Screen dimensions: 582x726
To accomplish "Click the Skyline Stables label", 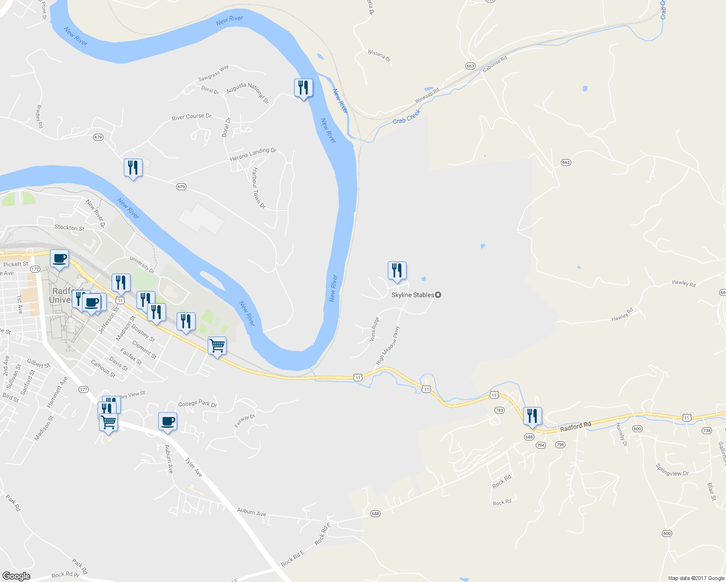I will click(413, 295).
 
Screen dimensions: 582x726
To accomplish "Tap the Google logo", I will click(16, 576).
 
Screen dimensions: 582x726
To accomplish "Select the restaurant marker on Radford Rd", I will click(532, 417).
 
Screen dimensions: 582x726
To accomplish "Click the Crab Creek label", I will click(407, 117).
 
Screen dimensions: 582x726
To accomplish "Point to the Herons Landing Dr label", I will click(253, 154).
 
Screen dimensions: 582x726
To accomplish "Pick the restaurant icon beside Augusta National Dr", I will click(303, 88).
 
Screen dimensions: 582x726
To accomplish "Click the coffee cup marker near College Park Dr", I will click(167, 422).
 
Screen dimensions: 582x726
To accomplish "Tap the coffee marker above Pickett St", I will click(59, 259).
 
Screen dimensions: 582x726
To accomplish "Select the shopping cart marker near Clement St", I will click(217, 346).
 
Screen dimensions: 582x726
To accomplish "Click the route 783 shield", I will click(499, 410).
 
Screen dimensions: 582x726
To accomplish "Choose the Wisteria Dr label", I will click(379, 55).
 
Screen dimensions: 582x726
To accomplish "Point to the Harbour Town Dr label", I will click(259, 188).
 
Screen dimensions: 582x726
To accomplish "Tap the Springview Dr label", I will click(672, 470).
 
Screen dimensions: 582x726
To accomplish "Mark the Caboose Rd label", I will click(495, 64).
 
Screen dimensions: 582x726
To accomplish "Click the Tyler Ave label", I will click(194, 467).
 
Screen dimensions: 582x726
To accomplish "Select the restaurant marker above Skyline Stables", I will click(397, 271).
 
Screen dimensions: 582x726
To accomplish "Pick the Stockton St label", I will click(69, 227).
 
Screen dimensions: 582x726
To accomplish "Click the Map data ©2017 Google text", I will click(696, 578).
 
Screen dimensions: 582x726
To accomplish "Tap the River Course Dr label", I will click(192, 117).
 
